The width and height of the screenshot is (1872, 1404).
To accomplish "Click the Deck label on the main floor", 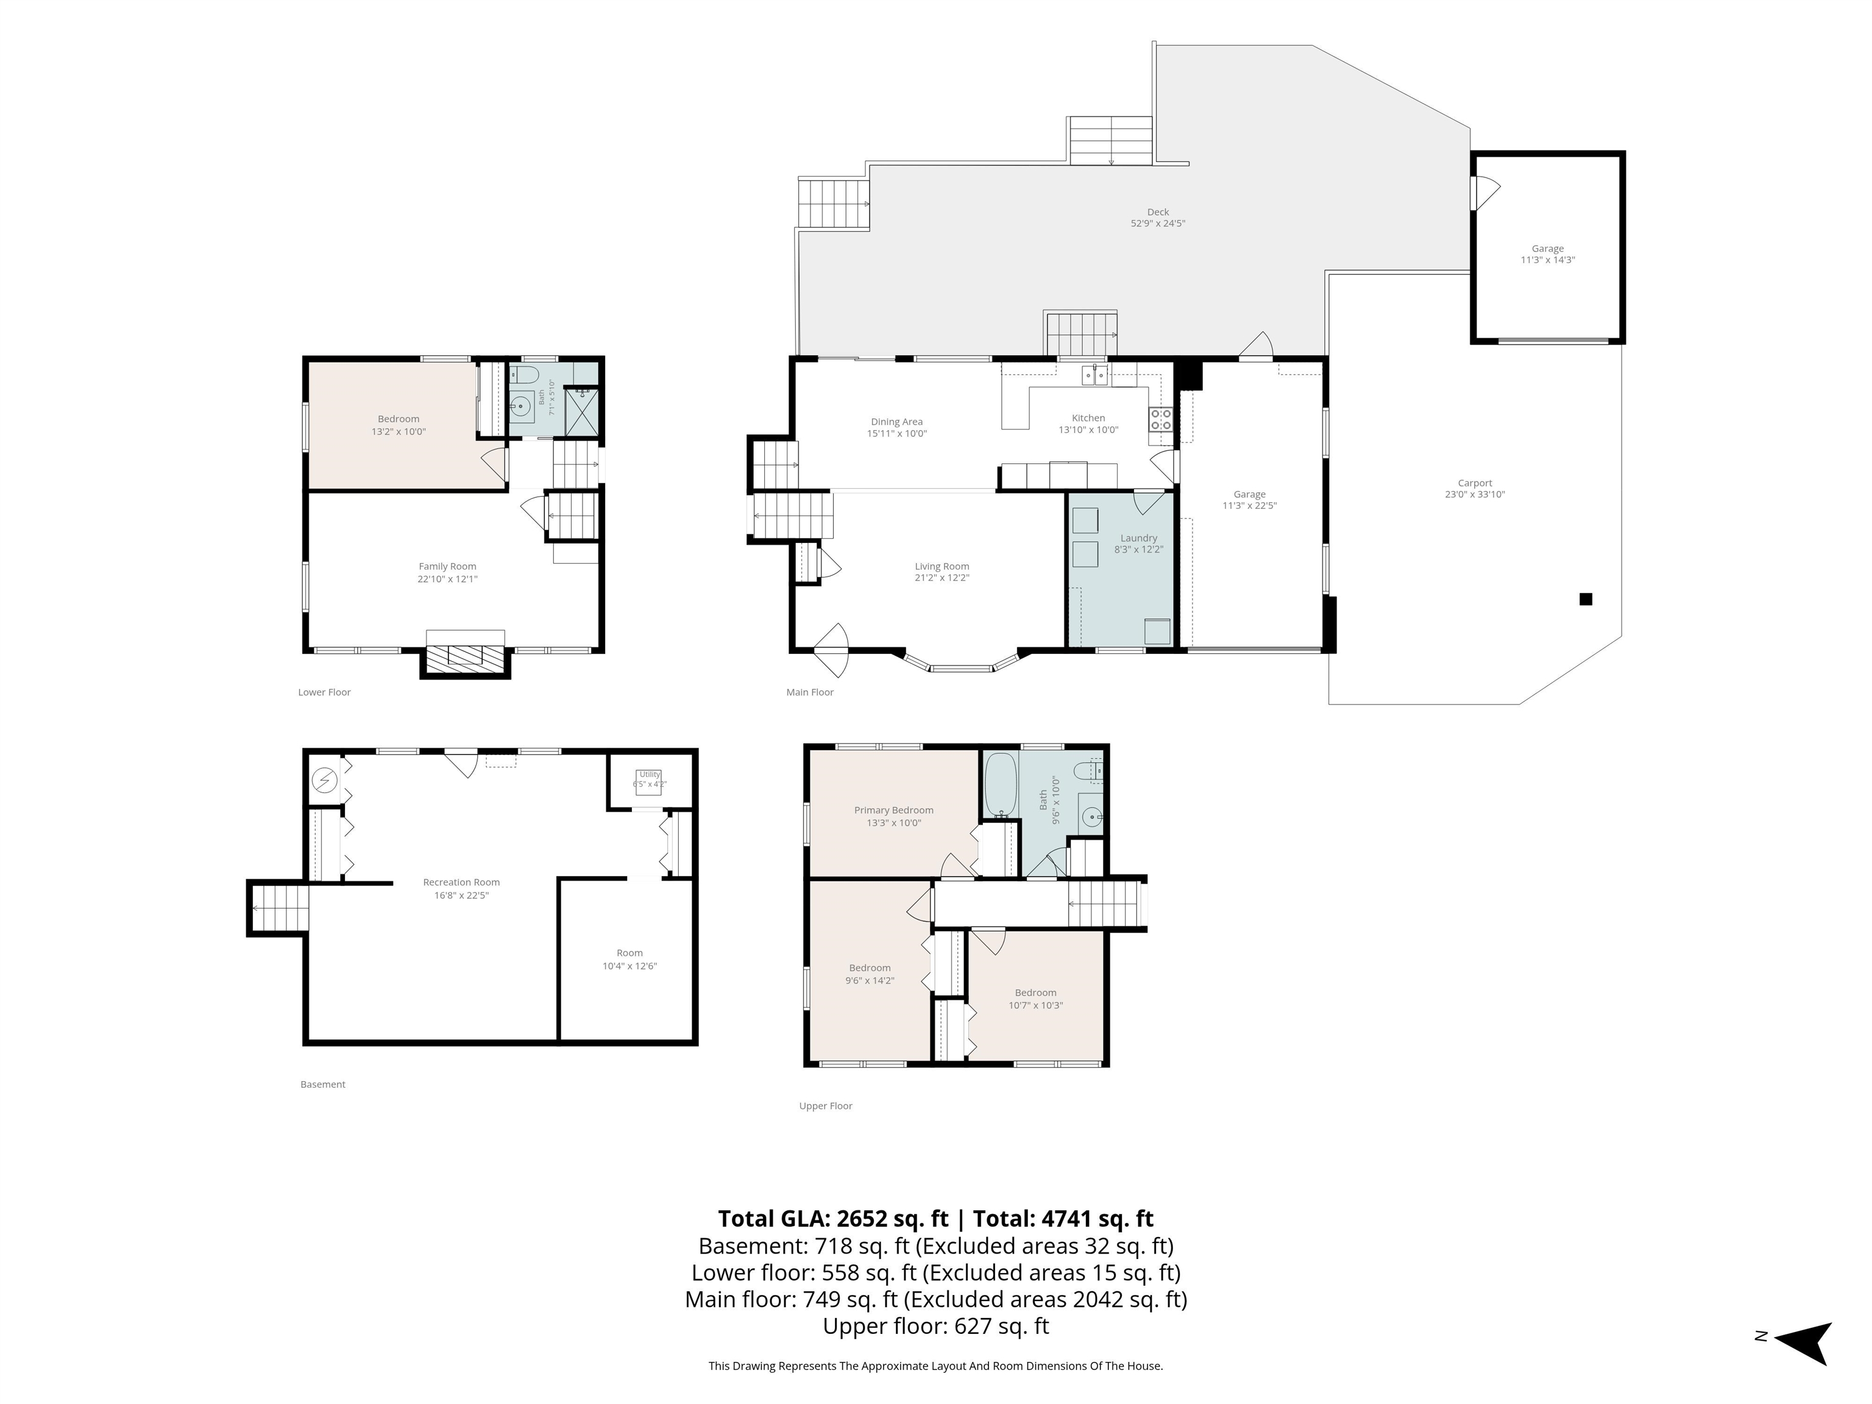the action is pyautogui.click(x=1158, y=213).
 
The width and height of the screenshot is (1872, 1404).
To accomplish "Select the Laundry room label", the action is pyautogui.click(x=1138, y=538).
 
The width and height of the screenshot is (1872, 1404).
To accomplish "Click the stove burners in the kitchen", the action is pyautogui.click(x=1160, y=419).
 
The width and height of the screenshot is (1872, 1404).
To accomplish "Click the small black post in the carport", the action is pyautogui.click(x=1586, y=599).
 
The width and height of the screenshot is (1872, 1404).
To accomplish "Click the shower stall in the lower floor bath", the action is pyautogui.click(x=581, y=411).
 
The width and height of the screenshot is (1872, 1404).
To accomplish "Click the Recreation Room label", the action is pyautogui.click(x=461, y=883).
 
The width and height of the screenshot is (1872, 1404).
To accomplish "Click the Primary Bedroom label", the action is pyautogui.click(x=894, y=810).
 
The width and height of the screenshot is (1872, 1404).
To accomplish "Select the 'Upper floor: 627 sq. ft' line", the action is pyautogui.click(x=936, y=1326).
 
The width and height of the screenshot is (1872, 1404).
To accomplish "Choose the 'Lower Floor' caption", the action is pyautogui.click(x=324, y=692).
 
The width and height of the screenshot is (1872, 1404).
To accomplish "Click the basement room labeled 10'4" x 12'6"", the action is pyautogui.click(x=629, y=960).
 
